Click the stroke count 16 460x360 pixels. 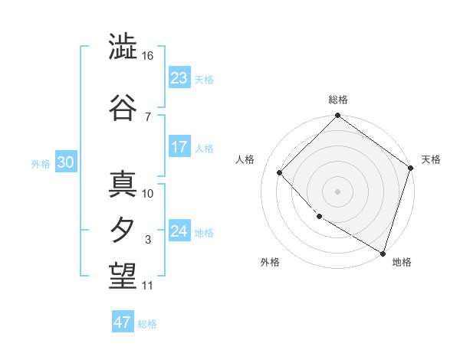pyautogui.click(x=148, y=56)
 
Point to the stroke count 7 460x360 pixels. pyautogui.click(x=148, y=116)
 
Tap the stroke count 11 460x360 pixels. pyautogui.click(x=148, y=286)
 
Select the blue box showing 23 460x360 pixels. pyautogui.click(x=179, y=77)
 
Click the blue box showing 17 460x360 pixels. pyautogui.click(x=179, y=147)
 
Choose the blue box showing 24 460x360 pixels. pyautogui.click(x=179, y=231)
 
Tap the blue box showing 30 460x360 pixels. pyautogui.click(x=65, y=162)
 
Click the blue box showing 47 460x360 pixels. pyautogui.click(x=123, y=322)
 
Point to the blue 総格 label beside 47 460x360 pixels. pyautogui.click(x=147, y=324)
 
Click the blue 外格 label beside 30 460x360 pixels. pyautogui.click(x=40, y=163)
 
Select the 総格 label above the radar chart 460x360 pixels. pyautogui.click(x=338, y=100)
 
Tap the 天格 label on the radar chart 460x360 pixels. pyautogui.click(x=431, y=159)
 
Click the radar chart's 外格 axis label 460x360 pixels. pyautogui.click(x=269, y=262)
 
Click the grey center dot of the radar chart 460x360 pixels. pyautogui.click(x=337, y=191)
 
